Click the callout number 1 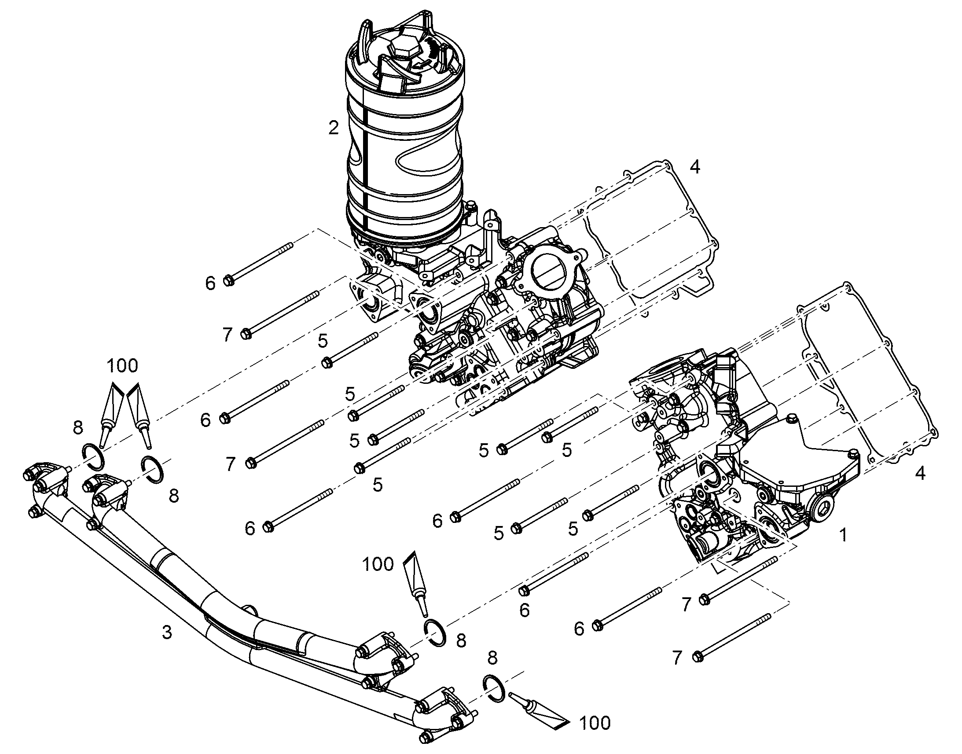tap(843, 536)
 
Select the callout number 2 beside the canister tap(334, 128)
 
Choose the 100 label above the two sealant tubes tap(122, 365)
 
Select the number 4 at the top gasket tap(694, 167)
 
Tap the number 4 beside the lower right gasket tap(920, 473)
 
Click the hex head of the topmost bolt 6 tap(228, 280)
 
